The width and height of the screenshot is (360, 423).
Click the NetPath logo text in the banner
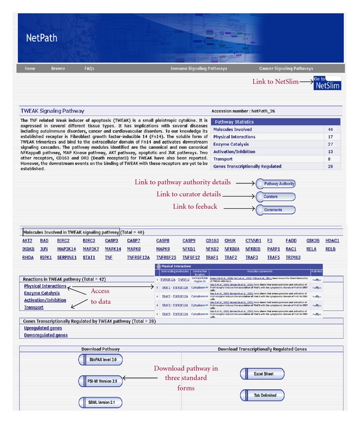tap(41, 37)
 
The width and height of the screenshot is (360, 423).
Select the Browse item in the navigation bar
tap(58, 68)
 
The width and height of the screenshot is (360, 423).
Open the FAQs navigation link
tap(89, 68)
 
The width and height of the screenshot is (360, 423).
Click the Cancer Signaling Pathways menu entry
tap(286, 68)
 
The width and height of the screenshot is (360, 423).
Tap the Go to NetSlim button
tap(327, 83)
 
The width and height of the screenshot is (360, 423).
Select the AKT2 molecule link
tap(27, 240)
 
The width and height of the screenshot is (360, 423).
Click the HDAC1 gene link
tap(332, 240)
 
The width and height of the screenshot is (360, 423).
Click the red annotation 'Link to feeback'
tap(196, 207)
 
